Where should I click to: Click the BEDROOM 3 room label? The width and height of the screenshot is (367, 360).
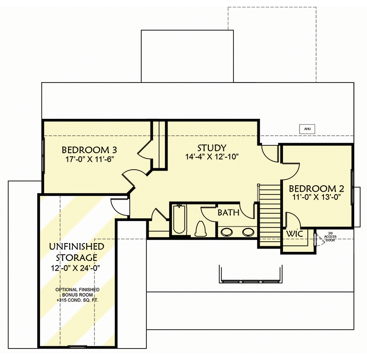pos(89,150)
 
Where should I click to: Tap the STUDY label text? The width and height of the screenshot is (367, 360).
pos(211,148)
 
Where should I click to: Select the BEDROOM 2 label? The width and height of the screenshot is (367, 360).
pos(316,188)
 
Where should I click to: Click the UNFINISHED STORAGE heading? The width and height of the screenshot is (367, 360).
pos(77,252)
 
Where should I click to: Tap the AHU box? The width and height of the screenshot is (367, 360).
pos(307,129)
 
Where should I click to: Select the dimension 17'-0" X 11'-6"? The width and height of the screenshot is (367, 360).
pos(89,159)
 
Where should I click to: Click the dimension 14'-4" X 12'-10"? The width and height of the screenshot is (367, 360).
pos(211,157)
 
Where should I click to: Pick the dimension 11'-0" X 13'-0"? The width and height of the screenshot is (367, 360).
pos(316,198)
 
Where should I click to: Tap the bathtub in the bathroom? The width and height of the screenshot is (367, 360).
pos(178,221)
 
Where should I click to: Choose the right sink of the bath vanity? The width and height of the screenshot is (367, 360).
pos(248,232)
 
